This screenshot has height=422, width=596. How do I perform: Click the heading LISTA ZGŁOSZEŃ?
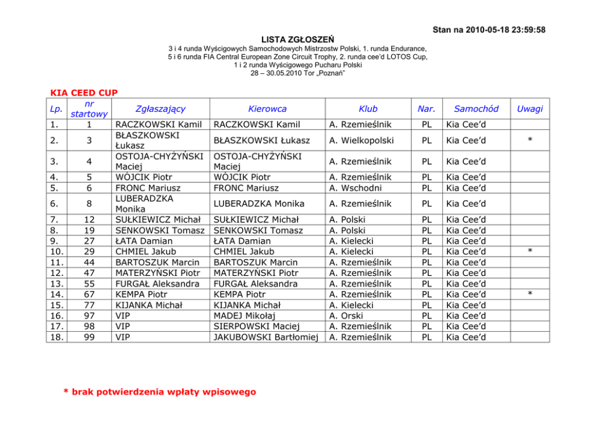pos(298,39)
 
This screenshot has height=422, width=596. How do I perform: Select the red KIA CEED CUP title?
pos(84,93)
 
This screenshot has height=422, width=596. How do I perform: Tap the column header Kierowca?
pos(267,109)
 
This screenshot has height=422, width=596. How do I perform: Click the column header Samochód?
pos(476,109)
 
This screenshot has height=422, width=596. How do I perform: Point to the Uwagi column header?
pos(530,109)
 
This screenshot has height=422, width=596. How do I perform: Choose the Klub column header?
pos(368,109)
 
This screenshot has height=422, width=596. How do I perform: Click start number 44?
pos(88,263)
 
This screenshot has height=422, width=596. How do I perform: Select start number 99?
pos(88,337)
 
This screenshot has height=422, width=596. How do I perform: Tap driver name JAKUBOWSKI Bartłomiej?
pos(266,337)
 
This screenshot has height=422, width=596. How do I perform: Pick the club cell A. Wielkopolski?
pos(362,140)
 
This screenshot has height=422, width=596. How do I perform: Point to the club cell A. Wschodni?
pos(356,188)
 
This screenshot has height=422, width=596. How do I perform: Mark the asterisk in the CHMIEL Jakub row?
pos(530,252)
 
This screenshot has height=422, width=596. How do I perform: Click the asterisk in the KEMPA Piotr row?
pos(530,295)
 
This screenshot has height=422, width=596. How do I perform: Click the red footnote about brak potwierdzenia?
pos(160,392)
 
